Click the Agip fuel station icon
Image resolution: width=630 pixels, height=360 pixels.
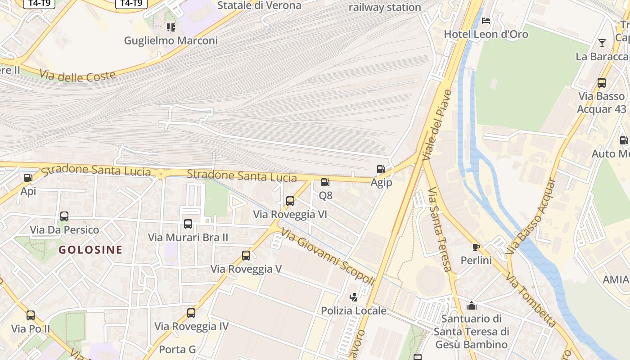[381, 169]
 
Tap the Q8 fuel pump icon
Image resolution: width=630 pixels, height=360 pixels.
[325, 182]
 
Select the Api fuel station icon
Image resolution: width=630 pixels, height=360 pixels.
[28, 178]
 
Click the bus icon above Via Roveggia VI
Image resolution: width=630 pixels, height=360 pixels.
[290, 201]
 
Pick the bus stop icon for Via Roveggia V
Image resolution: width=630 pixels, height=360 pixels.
[246, 256]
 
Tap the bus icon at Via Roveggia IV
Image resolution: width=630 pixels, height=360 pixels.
[191, 313]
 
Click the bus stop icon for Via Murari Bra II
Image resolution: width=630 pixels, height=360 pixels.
[188, 224]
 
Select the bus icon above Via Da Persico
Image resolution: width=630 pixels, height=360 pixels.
[64, 216]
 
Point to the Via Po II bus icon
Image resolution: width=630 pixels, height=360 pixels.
[31, 315]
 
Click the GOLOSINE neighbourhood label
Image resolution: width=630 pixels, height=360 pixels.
[90, 250]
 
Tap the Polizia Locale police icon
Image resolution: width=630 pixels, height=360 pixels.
[354, 297]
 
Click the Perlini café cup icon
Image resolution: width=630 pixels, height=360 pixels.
[476, 247]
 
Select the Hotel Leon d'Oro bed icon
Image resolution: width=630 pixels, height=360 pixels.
[486, 21]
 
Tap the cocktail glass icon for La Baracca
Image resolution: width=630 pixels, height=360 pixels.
[602, 43]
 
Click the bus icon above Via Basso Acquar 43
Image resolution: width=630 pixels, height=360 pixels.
[602, 83]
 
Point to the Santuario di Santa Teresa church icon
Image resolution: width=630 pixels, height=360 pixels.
[472, 306]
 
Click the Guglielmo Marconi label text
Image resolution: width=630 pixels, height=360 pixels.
[171, 40]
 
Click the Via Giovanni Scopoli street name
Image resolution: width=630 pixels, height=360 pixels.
[328, 256]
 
